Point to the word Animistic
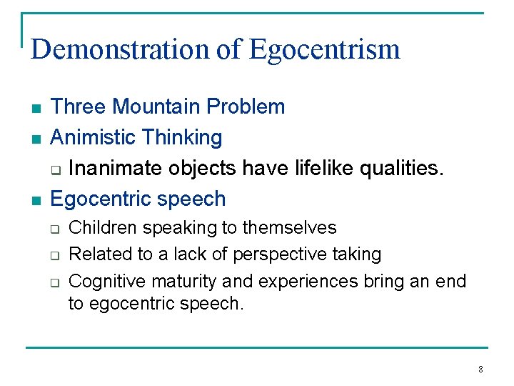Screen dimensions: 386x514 pyautogui.click(x=94, y=137)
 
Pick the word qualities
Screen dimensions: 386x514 pyautogui.click(x=405, y=168)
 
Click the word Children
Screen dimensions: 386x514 pyautogui.click(x=99, y=228)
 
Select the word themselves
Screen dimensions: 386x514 pyautogui.click(x=289, y=228)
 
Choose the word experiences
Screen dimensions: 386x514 pyautogui.click(x=306, y=281)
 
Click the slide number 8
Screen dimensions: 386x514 pyautogui.click(x=480, y=370)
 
